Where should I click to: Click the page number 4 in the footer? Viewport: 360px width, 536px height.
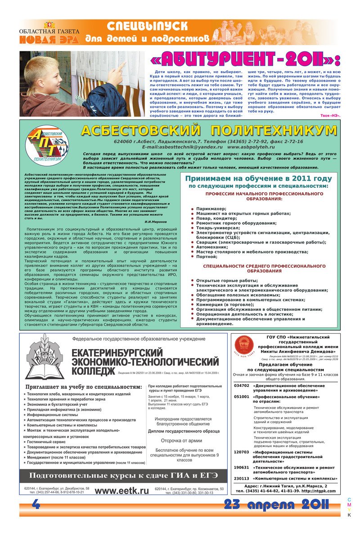tap(36, 505)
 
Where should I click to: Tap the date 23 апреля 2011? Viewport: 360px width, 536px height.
tap(277, 504)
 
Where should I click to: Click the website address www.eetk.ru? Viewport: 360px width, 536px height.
tap(122, 491)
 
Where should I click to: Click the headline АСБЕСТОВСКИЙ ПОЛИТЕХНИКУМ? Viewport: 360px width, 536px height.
tap(209, 131)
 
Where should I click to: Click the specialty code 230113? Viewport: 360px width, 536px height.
tap(241, 478)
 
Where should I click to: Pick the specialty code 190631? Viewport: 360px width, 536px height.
tap(241, 468)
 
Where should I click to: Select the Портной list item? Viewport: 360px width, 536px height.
tap(207, 257)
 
